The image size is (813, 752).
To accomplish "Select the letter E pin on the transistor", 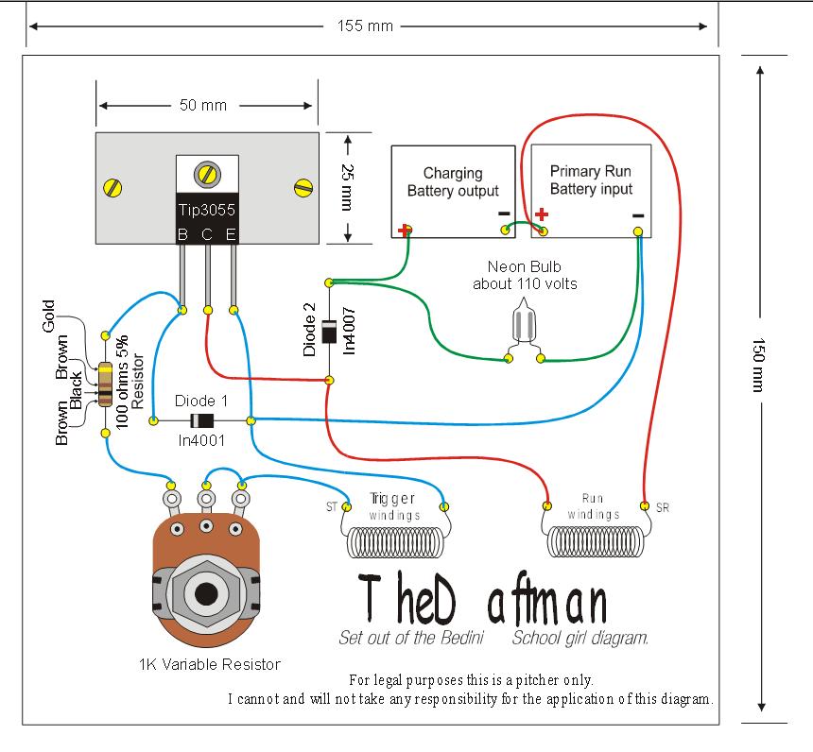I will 231,233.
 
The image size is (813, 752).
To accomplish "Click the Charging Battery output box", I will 454,190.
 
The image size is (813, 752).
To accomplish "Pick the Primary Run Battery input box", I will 591,189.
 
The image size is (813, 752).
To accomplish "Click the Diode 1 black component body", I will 200,420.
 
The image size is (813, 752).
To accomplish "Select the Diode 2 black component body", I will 329,333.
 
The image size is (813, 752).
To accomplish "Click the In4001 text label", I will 199,440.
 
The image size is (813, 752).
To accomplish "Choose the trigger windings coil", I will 393,542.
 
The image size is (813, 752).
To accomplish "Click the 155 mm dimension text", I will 365,26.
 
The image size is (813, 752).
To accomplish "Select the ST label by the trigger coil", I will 331,507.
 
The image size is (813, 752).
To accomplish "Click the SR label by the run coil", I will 663,507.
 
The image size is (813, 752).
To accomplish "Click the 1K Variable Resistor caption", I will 209,664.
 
